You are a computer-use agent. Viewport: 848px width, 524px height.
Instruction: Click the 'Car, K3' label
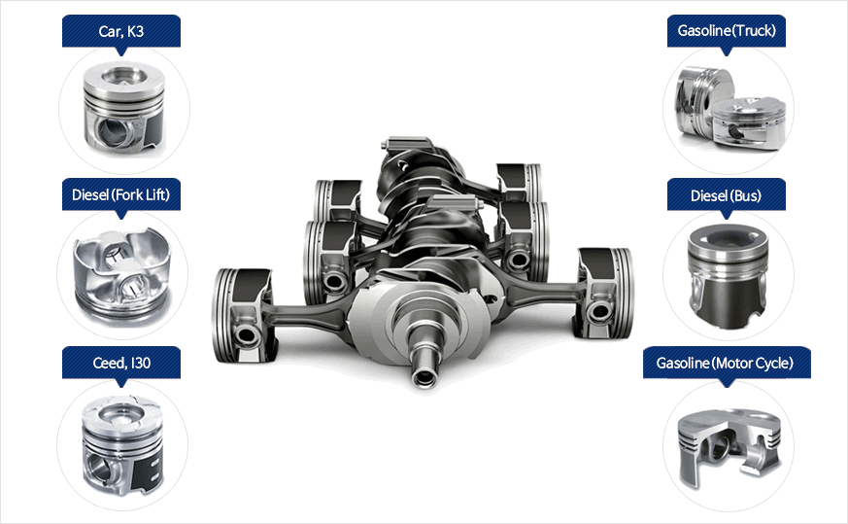tap(121, 31)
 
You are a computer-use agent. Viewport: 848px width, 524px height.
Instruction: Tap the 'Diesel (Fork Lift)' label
tap(120, 194)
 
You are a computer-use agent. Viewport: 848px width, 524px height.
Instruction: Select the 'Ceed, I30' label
tap(121, 363)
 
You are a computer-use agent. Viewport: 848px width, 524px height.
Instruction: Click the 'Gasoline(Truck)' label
tap(727, 30)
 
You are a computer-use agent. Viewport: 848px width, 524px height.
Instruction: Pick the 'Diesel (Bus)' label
tap(726, 195)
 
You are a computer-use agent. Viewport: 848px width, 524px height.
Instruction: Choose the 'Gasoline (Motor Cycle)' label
tap(725, 363)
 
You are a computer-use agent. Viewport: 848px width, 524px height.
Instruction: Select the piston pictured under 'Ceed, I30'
tap(122, 445)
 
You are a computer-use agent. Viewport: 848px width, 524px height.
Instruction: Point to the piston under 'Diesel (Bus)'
tap(728, 275)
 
